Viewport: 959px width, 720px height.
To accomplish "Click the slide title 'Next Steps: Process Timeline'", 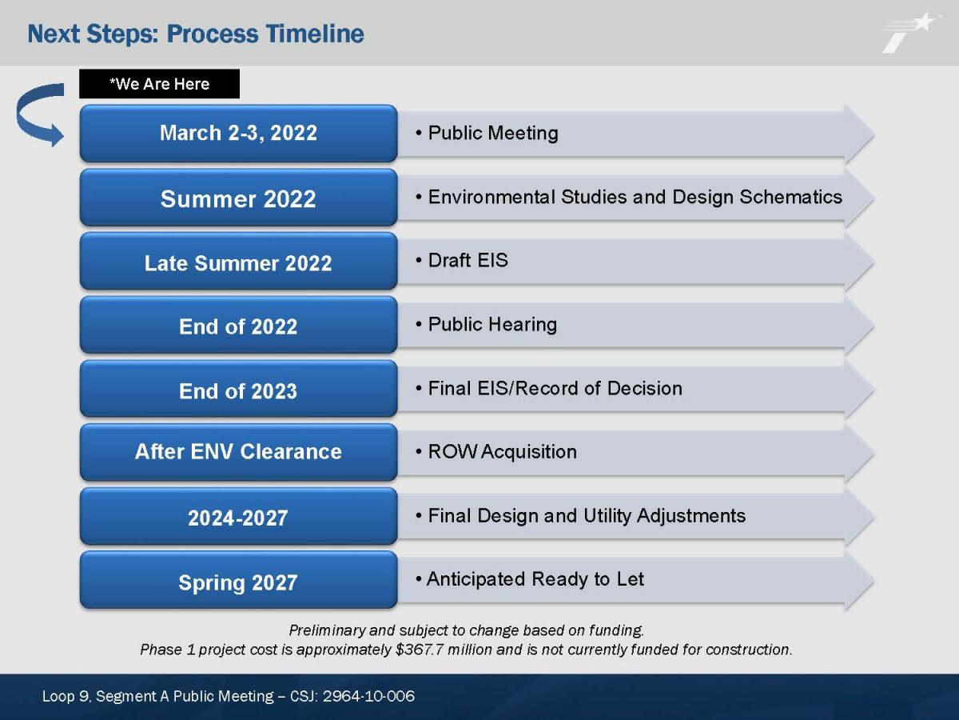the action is pos(195,34).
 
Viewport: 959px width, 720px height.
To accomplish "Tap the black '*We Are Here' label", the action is pos(160,83).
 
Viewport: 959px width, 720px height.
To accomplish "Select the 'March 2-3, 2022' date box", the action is pos(238,133).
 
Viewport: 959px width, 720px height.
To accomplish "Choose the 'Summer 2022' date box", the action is pos(238,198).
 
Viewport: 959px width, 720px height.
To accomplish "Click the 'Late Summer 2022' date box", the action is pos(238,262).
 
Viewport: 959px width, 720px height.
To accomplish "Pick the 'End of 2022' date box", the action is pos(238,326).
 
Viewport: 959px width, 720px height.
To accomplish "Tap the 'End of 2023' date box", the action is pos(238,389).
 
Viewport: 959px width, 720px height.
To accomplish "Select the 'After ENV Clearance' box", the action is pos(238,453).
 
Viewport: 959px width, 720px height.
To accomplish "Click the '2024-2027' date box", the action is pos(238,516).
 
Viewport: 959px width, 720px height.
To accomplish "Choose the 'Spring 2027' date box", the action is pos(238,580).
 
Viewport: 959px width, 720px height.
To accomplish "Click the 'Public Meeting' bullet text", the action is pos(493,133).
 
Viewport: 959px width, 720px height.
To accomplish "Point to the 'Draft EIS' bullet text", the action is pos(468,260).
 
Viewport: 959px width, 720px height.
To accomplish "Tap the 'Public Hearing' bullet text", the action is pos(492,324).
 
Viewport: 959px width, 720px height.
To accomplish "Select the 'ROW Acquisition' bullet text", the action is pos(503,451).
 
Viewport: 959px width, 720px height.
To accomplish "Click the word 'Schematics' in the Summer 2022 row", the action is pos(791,197).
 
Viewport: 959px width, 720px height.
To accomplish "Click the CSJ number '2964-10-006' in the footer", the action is pos(368,696).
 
